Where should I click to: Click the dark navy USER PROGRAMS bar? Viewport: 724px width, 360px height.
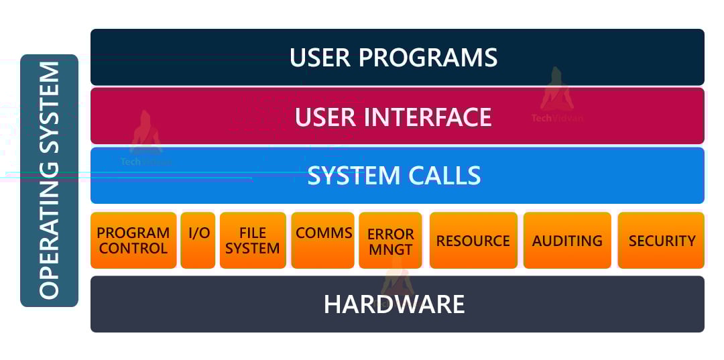[397, 57]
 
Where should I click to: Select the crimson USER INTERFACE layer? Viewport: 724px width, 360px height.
[397, 116]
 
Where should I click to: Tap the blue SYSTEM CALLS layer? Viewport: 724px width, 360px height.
[397, 176]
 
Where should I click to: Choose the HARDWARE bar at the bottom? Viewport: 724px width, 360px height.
[397, 304]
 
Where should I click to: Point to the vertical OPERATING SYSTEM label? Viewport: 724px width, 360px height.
[49, 180]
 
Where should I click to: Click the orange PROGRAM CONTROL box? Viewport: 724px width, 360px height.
[133, 241]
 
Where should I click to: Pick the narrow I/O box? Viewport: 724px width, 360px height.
[198, 241]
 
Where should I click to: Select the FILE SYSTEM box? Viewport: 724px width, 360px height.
[253, 241]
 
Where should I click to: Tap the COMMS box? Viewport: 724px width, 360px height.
[324, 241]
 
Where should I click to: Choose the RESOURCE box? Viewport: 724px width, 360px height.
[473, 241]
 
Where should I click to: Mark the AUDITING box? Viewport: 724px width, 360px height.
[567, 241]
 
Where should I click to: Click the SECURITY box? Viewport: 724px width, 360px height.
[661, 241]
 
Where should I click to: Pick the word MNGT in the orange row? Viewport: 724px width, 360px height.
[390, 249]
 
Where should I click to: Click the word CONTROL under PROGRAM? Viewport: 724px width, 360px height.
[133, 249]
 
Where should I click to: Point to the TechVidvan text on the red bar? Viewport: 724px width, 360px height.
[557, 118]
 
